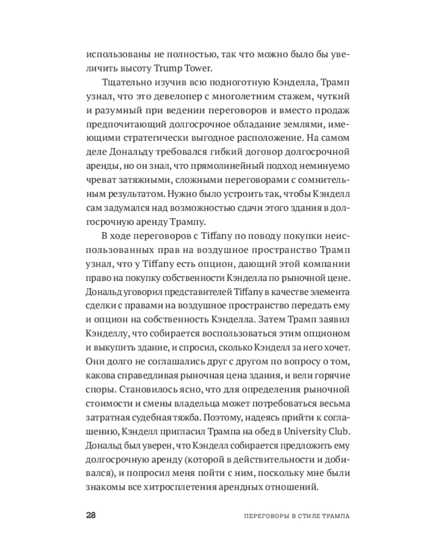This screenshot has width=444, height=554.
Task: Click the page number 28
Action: click(92, 515)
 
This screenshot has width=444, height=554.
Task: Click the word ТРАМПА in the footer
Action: click(333, 515)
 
